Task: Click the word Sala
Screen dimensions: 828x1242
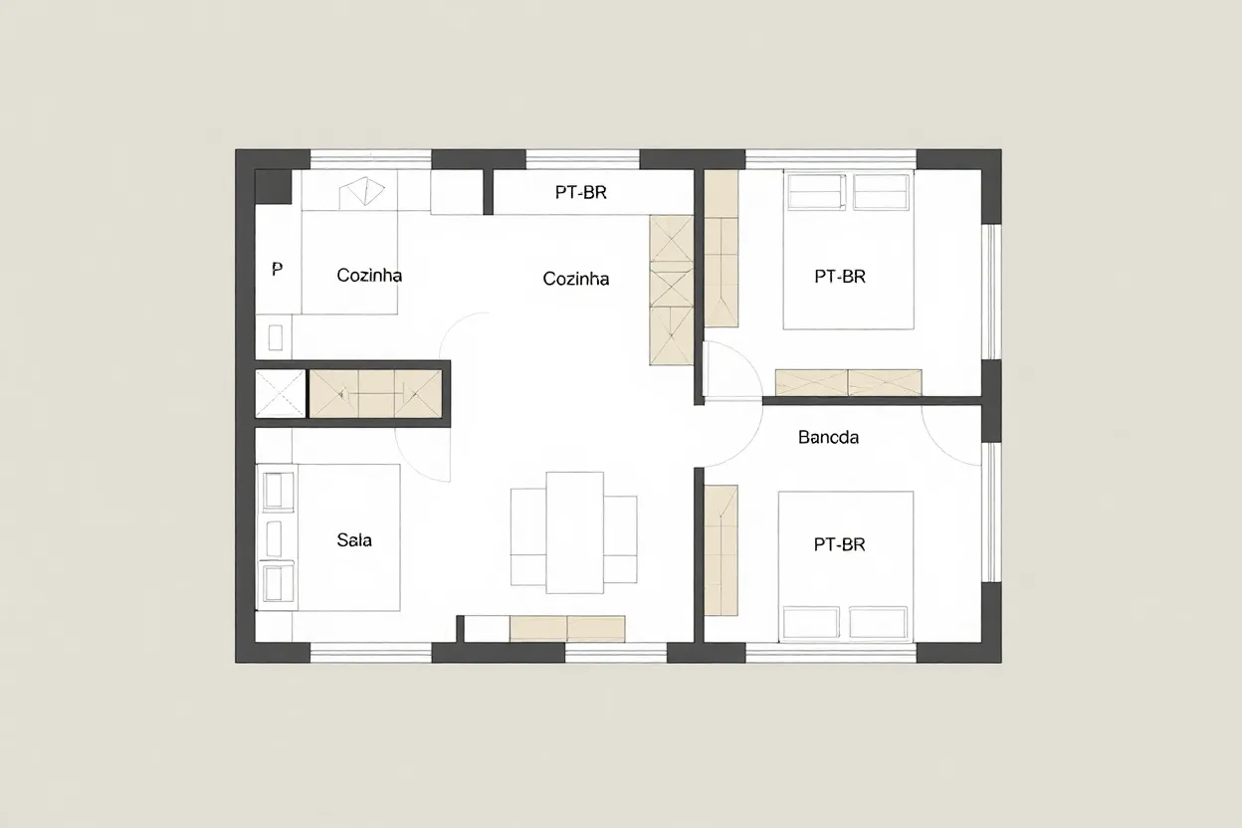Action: pos(354,540)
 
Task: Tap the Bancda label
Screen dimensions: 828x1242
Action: pos(828,437)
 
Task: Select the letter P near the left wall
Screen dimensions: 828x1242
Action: pos(277,270)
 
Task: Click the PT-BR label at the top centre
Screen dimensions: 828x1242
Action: pos(580,193)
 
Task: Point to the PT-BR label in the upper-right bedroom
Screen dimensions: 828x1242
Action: pos(839,277)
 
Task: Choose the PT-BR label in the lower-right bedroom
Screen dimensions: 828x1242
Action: pos(839,544)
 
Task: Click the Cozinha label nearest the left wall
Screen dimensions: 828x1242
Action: pos(369,276)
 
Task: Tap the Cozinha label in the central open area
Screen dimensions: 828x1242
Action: pos(575,280)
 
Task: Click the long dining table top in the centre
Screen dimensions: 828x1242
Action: pos(574,530)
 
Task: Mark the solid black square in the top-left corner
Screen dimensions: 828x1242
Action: pos(273,186)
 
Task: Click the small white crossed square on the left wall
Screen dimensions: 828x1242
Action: pos(280,393)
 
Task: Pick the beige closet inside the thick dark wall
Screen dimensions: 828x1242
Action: pos(375,392)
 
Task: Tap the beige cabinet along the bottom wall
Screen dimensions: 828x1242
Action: pos(566,628)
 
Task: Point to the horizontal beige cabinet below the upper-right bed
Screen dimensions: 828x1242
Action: pos(848,382)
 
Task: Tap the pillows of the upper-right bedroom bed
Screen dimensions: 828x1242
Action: pos(848,191)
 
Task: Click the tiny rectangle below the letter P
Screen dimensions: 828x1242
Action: pos(276,336)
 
